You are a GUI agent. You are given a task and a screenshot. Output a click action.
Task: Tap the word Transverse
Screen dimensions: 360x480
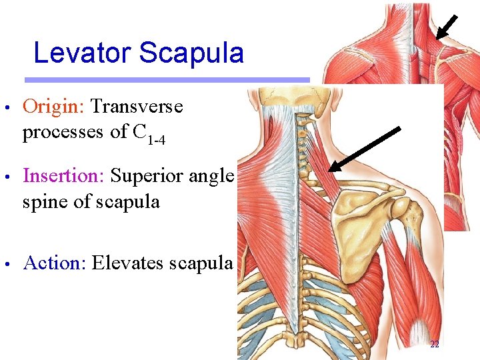(x=137, y=107)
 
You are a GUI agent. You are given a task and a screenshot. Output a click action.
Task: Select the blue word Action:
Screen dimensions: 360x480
(x=55, y=263)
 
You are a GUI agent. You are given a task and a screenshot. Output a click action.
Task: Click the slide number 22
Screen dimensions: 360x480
(x=435, y=345)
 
